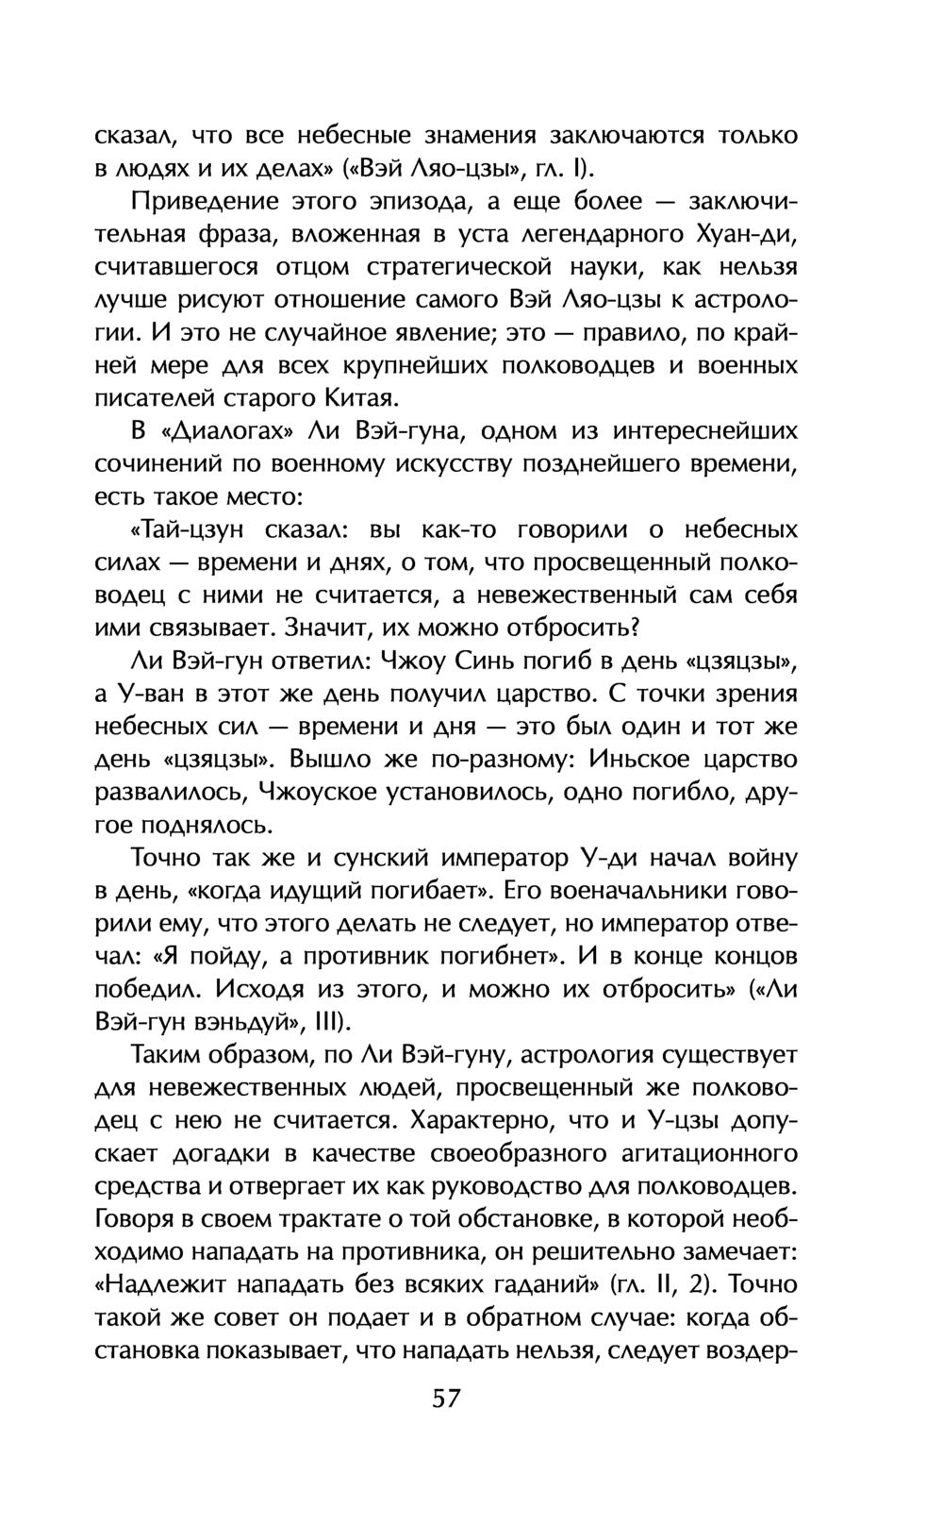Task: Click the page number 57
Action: coord(445,1398)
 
